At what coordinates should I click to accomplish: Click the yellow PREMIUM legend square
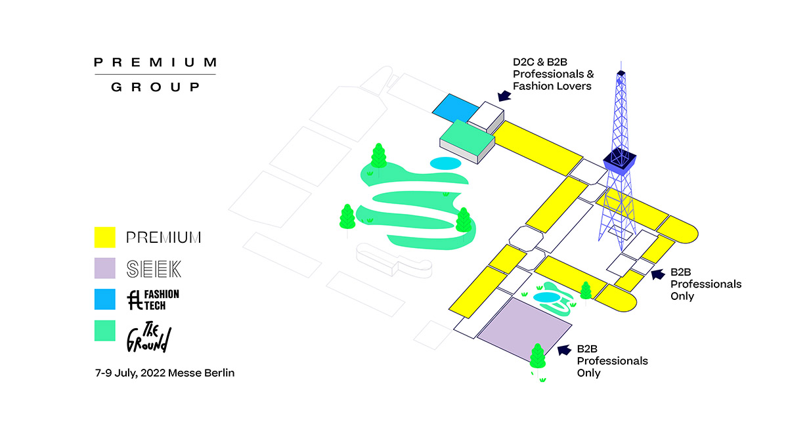point(105,238)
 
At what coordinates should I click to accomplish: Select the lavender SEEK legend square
point(105,268)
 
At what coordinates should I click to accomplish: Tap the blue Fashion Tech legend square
point(105,299)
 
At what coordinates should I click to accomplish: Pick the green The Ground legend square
point(105,331)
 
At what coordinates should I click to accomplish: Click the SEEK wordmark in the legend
point(154,269)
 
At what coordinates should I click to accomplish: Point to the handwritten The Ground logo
point(149,337)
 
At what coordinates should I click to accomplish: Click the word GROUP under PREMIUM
point(155,87)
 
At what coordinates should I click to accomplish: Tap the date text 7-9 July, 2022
point(131,373)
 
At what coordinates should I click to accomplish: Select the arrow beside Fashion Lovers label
point(504,96)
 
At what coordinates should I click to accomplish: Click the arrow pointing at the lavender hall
point(564,350)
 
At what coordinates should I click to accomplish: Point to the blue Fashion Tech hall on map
point(455,108)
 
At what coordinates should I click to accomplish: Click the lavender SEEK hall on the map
point(524,329)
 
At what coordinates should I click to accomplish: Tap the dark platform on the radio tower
point(619,161)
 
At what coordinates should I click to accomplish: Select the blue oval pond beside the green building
point(445,163)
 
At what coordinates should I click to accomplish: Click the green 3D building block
point(467,141)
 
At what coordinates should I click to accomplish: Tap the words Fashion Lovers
point(552,86)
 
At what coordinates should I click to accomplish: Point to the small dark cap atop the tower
point(621,73)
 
